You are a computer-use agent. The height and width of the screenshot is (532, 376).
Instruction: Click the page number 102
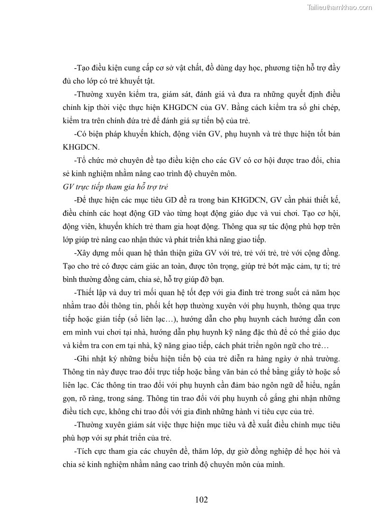pyautogui.click(x=201, y=499)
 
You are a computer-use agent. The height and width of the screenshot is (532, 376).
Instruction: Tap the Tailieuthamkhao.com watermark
pyautogui.click(x=340, y=7)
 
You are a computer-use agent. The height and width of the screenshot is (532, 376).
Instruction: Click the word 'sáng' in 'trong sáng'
pyautogui.click(x=157, y=398)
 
